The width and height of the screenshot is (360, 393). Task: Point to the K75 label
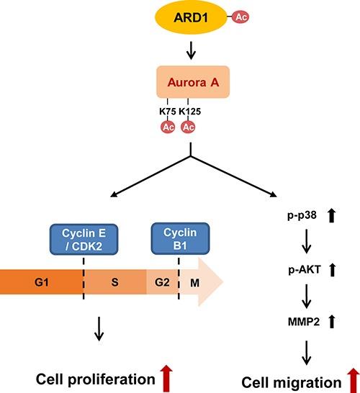[168, 113]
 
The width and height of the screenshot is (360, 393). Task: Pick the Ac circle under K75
[168, 127]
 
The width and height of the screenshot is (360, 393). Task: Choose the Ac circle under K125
[188, 127]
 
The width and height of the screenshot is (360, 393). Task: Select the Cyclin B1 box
[179, 237]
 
